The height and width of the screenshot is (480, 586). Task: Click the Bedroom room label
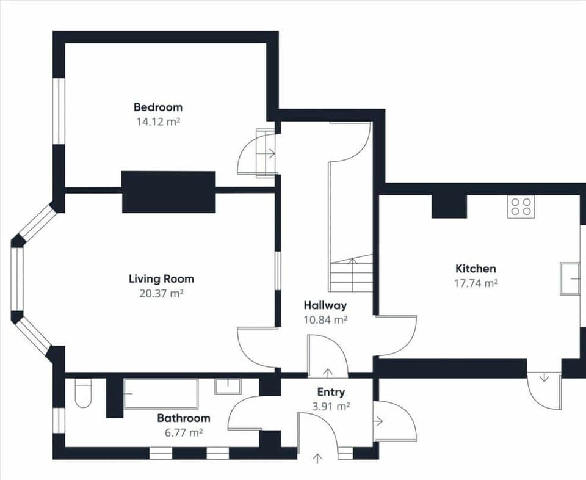coord(158,107)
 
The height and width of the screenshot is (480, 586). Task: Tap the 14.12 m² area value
coord(158,122)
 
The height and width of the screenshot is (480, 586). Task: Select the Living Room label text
coord(161,279)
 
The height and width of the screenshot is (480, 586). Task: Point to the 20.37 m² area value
coord(161,293)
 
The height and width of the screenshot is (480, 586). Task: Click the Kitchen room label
coord(476,269)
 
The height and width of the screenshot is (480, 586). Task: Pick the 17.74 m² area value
coord(476,283)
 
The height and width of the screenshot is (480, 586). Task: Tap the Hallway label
coord(325,305)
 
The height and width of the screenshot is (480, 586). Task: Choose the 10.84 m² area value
coord(325,319)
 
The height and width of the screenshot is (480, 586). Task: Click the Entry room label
coord(331,392)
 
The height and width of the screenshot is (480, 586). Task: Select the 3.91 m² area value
coord(331,406)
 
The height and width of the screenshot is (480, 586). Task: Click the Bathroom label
coord(183,418)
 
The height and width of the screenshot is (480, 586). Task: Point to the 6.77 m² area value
coord(183,432)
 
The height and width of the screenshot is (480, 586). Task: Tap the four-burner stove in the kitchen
coord(521,206)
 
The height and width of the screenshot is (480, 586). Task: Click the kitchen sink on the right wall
coord(570,278)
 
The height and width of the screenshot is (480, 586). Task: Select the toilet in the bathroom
coord(82,394)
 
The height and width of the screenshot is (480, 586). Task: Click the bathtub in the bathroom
coord(161,394)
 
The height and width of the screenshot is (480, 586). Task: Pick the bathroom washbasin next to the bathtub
coord(228,386)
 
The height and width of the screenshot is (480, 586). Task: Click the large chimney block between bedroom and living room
coord(168,192)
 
